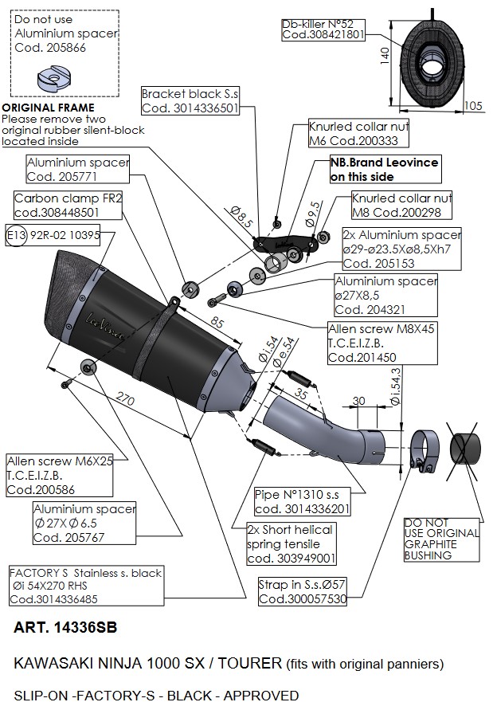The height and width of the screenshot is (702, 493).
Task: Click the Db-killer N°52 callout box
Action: pos(323,29)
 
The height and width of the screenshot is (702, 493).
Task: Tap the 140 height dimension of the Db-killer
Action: pos(385,53)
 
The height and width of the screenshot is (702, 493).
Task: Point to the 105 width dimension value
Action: pos(473,105)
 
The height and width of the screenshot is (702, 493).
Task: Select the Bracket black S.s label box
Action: pos(190,101)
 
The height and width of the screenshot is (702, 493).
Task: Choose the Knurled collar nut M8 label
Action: pos(401,205)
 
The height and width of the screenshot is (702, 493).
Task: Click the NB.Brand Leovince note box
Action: pos(384,169)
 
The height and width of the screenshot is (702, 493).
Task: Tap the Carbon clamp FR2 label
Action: pos(68,205)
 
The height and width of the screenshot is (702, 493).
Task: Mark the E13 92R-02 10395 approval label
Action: pos(53,236)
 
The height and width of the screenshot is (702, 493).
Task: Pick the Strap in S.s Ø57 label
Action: pos(302,591)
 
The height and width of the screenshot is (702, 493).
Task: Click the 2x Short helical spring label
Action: pos(290,543)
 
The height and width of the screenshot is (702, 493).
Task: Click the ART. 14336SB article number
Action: pos(65,627)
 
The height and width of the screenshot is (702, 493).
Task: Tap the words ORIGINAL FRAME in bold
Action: pos(48,108)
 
